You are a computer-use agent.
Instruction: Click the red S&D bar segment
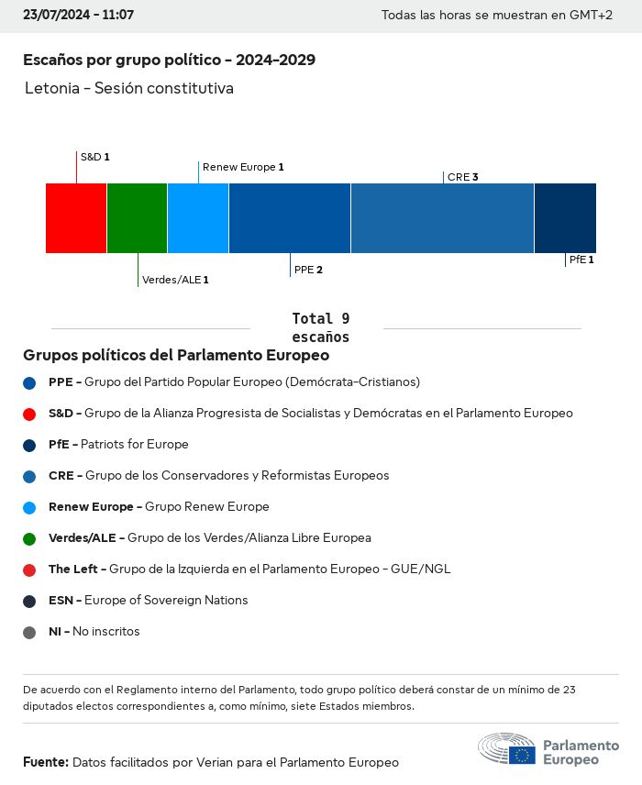(76, 217)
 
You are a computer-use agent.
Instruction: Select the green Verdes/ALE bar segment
(137, 217)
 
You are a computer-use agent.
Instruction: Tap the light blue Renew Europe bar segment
(198, 217)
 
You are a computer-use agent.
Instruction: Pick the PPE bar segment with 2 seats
(290, 217)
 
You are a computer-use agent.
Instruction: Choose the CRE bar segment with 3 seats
(442, 217)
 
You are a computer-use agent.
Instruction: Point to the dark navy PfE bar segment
(565, 217)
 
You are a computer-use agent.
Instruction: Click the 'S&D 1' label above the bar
(94, 157)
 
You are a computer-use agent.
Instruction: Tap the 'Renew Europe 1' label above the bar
(243, 167)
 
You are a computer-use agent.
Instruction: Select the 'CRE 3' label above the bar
(463, 177)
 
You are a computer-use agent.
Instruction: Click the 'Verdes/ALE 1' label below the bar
(175, 280)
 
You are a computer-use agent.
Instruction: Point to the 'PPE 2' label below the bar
(308, 271)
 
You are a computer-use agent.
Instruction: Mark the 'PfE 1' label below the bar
(581, 260)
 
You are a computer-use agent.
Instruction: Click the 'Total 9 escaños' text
(320, 327)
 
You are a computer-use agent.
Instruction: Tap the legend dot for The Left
(29, 569)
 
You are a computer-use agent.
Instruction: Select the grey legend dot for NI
(29, 632)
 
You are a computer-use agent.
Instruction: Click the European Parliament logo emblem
(506, 749)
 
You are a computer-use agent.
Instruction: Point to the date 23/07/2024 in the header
(53, 16)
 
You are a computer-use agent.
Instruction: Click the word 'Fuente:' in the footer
(46, 762)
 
